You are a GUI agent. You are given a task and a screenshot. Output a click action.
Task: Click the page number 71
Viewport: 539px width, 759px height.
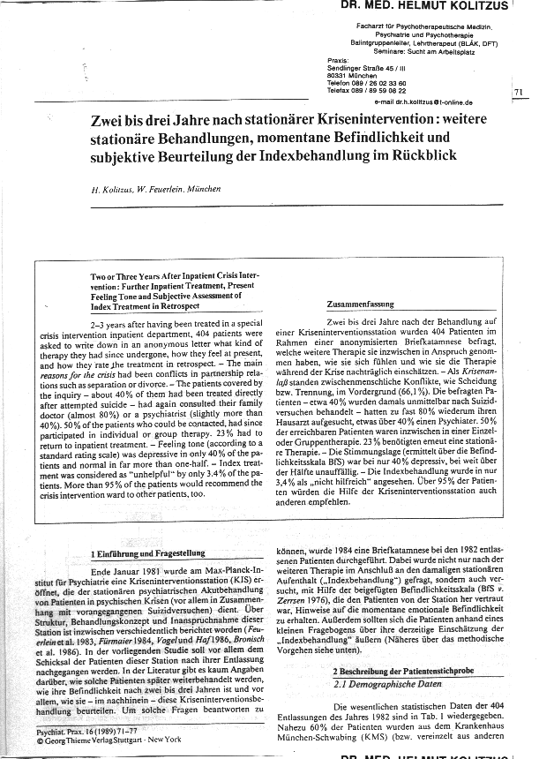tap(518, 92)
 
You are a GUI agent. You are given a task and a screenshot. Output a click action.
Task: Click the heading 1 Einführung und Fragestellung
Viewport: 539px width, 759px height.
tap(148, 553)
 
